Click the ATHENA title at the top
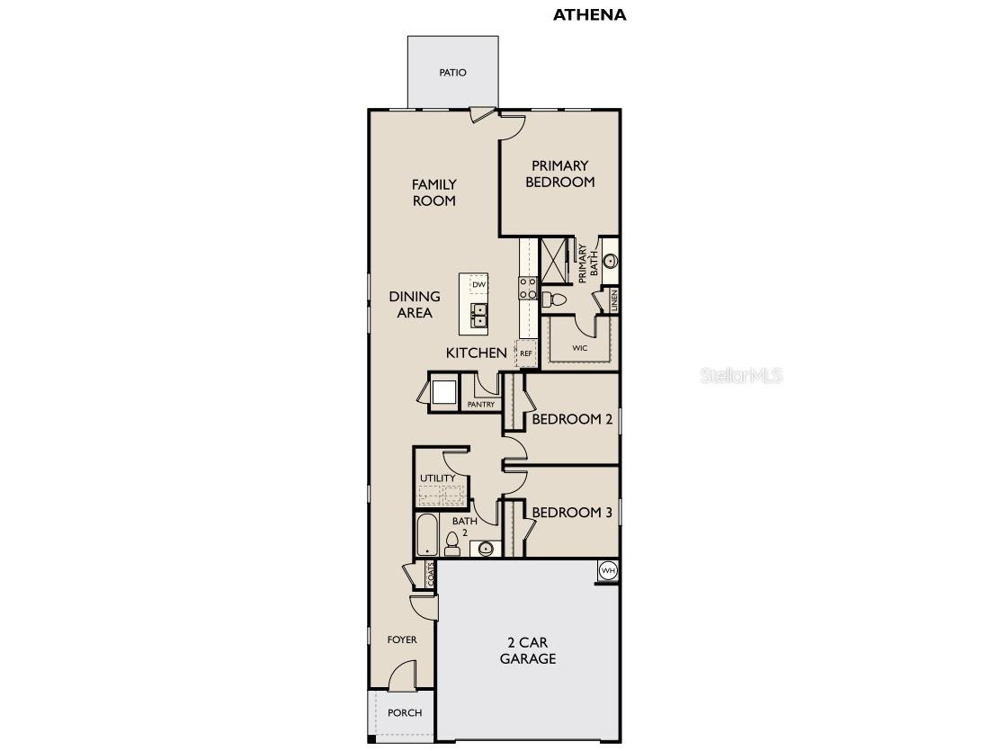[x=589, y=14]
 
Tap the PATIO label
[x=452, y=73]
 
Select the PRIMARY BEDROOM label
[x=559, y=174]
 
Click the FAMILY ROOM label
[x=433, y=192]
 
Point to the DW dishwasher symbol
[x=478, y=285]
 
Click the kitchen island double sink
[x=479, y=315]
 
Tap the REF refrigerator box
[x=526, y=353]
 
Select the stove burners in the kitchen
[x=527, y=288]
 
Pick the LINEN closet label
[x=613, y=300]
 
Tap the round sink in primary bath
[x=610, y=261]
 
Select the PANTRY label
[x=481, y=405]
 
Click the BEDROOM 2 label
[x=572, y=419]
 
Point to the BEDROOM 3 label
[x=572, y=513]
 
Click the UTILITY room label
[x=437, y=478]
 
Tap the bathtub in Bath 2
[x=426, y=534]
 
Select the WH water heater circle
[x=608, y=570]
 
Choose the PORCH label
[x=404, y=712]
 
